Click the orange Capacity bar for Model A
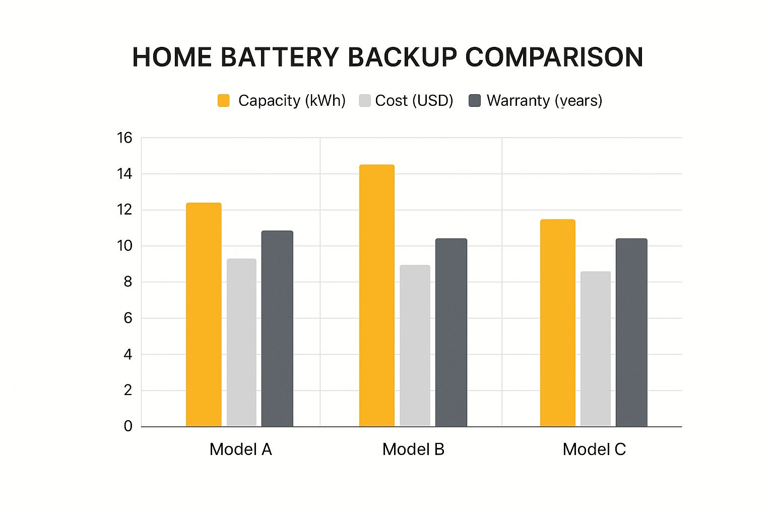click(x=204, y=315)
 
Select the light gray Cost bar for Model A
click(x=241, y=343)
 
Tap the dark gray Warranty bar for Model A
click(x=277, y=329)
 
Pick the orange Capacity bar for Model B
click(x=377, y=296)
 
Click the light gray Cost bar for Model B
click(x=415, y=346)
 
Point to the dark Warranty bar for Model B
click(x=451, y=333)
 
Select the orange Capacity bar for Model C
click(x=557, y=323)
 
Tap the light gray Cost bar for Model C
click(x=595, y=349)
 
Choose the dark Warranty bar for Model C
click(x=631, y=333)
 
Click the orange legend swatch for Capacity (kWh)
click(x=223, y=100)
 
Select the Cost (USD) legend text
click(x=414, y=100)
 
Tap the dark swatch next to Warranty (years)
click(x=475, y=100)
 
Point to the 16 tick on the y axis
click(x=124, y=138)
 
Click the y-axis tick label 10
click(x=124, y=246)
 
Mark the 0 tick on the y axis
click(x=128, y=426)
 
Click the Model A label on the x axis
click(x=240, y=449)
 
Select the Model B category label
click(x=413, y=449)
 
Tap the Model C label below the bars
click(x=594, y=449)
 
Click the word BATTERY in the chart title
click(x=280, y=57)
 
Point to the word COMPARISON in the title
click(x=554, y=57)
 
